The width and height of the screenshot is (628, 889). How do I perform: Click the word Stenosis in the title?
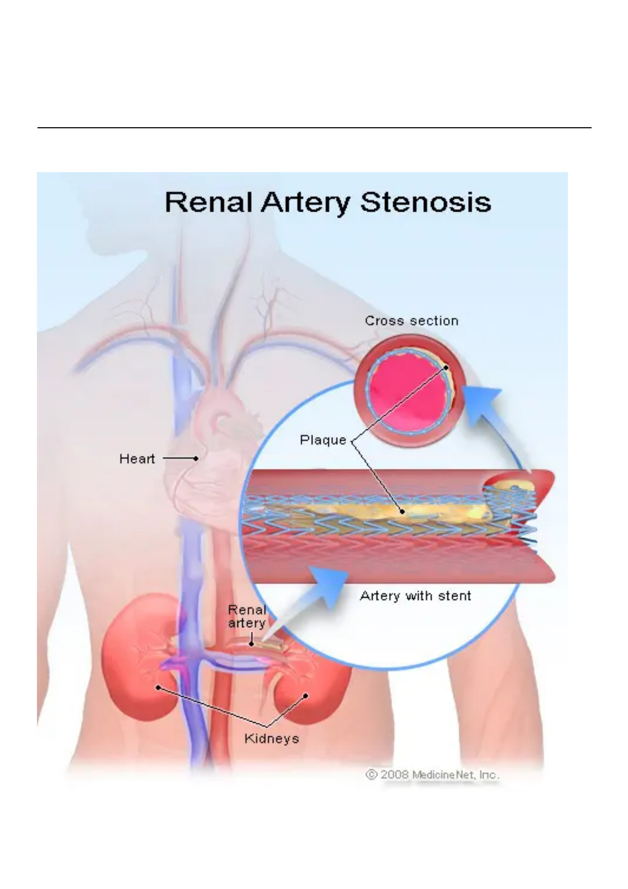point(425,202)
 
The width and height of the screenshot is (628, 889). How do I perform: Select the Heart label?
point(137,459)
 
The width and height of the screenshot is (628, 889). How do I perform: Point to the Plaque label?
point(323,440)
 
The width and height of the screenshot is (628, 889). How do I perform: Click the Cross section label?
point(412,321)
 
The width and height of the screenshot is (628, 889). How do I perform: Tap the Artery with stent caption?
point(415,596)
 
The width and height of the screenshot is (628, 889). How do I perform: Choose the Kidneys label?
point(271,738)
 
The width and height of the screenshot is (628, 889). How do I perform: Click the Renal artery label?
point(246,617)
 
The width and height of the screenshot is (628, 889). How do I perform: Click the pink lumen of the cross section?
point(401,393)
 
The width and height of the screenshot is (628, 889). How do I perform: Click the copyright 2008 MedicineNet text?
point(432,775)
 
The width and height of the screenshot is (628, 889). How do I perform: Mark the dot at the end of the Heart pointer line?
point(196,458)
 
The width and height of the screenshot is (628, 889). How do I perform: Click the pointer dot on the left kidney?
point(158,688)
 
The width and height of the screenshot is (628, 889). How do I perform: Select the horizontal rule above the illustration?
point(314,128)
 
